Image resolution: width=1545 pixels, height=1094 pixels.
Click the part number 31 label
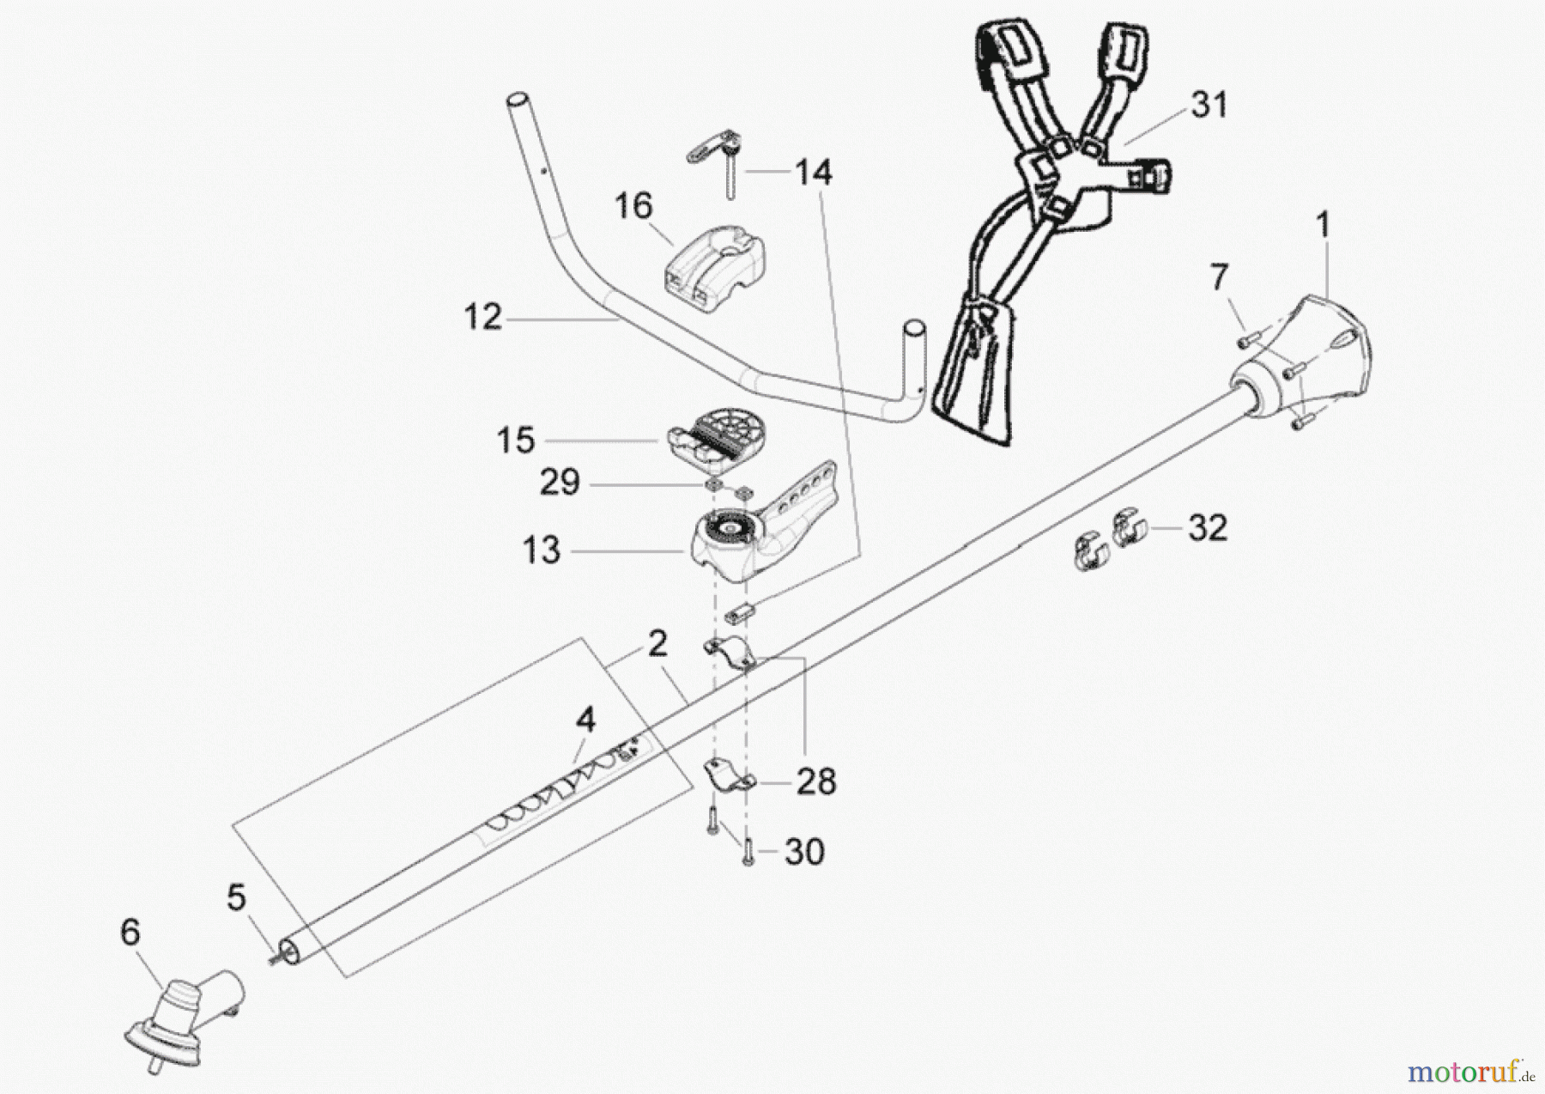tap(1209, 106)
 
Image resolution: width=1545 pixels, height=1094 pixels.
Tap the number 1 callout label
tap(1323, 226)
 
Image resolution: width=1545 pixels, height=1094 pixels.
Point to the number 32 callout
tap(1208, 527)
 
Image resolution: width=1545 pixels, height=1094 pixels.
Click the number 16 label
tap(633, 206)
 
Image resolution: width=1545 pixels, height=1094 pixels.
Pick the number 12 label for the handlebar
tap(482, 318)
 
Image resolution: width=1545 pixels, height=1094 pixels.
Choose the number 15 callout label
tap(516, 441)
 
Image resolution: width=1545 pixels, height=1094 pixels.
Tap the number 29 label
tap(560, 483)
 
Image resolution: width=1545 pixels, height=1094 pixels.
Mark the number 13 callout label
tap(541, 550)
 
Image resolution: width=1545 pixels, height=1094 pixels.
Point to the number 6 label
tap(130, 933)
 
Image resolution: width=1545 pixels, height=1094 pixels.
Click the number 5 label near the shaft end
tap(236, 898)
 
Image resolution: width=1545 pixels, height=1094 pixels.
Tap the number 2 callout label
tap(657, 643)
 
